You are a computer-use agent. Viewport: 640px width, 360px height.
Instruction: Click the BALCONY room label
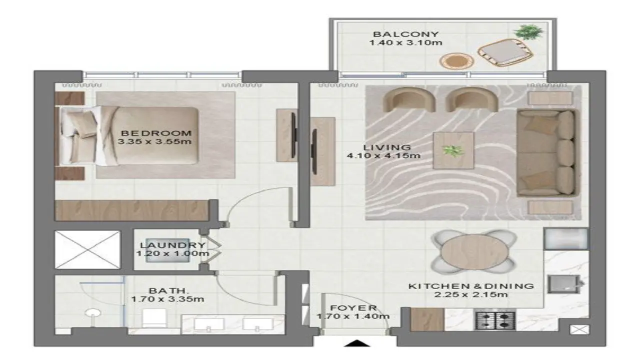pos(405,34)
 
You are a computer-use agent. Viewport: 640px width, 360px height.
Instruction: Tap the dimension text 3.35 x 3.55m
pos(154,141)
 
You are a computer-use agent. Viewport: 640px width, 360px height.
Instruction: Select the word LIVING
pos(387,147)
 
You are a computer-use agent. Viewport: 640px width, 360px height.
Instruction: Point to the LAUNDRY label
pos(173,245)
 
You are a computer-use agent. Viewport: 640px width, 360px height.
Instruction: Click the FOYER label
pos(353,308)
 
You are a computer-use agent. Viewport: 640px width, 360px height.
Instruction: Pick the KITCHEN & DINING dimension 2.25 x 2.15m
pos(471,294)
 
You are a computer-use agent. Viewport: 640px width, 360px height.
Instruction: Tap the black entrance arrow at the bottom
pos(356,343)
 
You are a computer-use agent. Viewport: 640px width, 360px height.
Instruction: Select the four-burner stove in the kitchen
pos(495,320)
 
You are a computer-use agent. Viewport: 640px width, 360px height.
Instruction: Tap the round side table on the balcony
pos(456,61)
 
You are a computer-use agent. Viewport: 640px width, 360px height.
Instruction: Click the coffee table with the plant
pos(453,150)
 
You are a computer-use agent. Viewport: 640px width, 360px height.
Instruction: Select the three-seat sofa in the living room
pos(547,153)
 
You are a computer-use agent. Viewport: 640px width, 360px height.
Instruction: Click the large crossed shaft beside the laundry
pos(87,249)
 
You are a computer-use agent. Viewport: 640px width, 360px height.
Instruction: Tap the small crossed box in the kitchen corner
pos(579,329)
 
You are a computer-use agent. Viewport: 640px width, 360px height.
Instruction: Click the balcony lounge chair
pos(505,52)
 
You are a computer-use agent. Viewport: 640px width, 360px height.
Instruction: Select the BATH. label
pos(169,291)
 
